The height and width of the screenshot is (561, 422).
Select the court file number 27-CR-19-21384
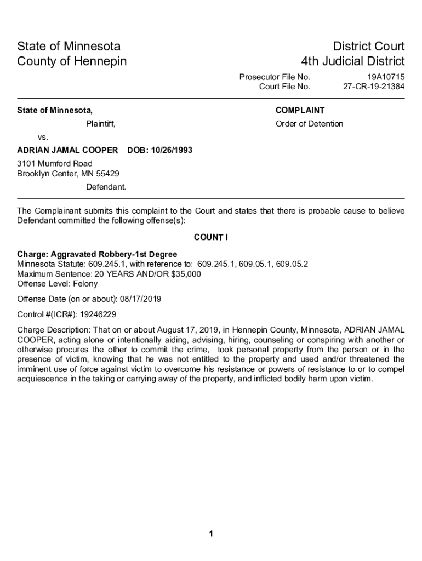(x=374, y=87)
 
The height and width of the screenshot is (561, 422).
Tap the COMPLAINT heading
(x=300, y=110)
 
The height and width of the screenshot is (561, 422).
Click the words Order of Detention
(x=309, y=124)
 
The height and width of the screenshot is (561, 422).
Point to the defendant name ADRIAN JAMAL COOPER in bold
(x=67, y=150)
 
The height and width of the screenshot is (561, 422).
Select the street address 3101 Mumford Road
(x=55, y=164)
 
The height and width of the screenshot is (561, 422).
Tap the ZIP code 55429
(x=107, y=174)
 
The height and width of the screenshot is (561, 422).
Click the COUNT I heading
(x=211, y=237)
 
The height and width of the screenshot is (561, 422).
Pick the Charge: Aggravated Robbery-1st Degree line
(x=97, y=254)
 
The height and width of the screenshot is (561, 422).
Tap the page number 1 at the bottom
(x=211, y=534)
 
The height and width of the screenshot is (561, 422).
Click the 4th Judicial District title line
(x=352, y=61)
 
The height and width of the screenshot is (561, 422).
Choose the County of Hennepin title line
(x=72, y=61)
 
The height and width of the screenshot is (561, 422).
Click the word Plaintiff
(x=101, y=124)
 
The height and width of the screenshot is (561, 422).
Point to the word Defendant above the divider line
(x=106, y=187)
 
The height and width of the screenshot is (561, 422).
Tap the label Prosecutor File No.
(x=275, y=77)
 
